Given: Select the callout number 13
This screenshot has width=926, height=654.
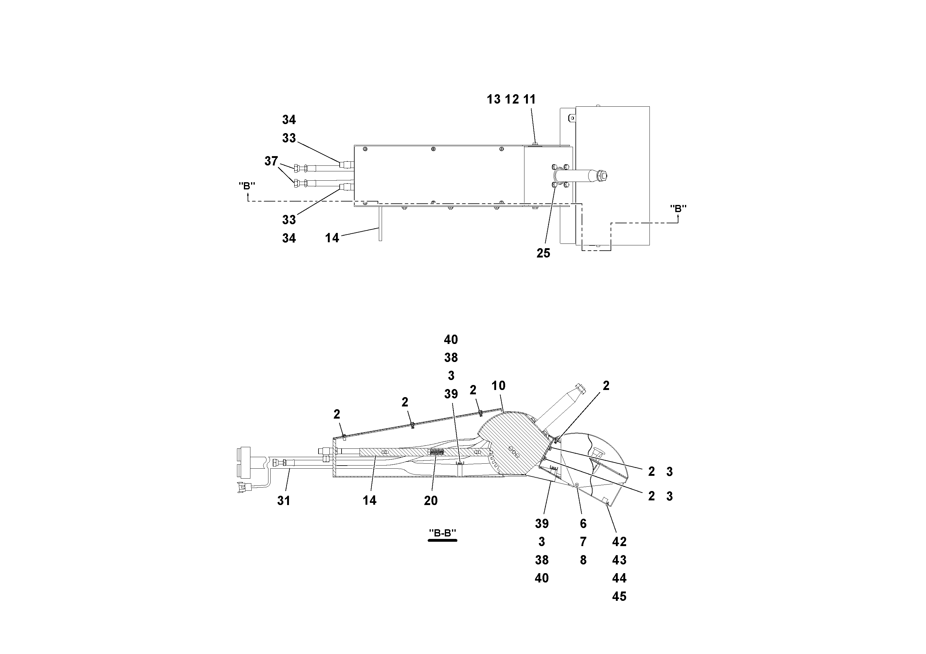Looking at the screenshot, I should click(x=493, y=99).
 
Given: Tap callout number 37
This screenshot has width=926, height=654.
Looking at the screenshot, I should click(x=271, y=161).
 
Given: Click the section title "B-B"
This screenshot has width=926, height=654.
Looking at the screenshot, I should click(x=442, y=533).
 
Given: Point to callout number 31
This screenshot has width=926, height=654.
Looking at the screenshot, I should click(x=284, y=501).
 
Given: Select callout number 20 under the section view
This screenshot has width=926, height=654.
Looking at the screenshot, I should click(x=431, y=501).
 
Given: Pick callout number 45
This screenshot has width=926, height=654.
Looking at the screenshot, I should click(x=619, y=596).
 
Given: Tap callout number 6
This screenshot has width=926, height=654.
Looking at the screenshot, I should click(x=583, y=523).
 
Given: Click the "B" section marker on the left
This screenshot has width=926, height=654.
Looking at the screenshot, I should click(x=247, y=186).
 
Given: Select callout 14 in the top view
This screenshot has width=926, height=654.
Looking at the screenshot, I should click(x=332, y=238).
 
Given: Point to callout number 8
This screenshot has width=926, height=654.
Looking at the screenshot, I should click(x=583, y=560).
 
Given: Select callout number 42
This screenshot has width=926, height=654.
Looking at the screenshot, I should click(x=619, y=542).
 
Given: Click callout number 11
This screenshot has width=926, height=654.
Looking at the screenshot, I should click(x=529, y=99).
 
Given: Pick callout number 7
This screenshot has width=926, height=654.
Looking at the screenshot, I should click(x=583, y=542).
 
